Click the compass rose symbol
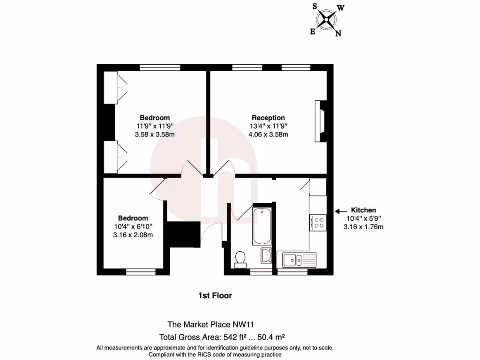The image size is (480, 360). tap(327, 19)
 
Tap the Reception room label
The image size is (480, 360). tap(268, 118)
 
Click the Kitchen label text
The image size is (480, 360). tap(364, 210)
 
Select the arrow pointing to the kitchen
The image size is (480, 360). tap(342, 211)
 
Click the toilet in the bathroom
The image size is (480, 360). tap(240, 259)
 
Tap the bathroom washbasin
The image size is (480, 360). tap(266, 255)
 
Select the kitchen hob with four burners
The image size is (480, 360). tap(318, 222)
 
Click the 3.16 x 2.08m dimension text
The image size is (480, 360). tap(133, 235)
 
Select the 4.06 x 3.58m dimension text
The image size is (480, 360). tap(268, 135)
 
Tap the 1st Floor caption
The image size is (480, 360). tap(215, 296)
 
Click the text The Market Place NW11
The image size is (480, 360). tap(211, 324)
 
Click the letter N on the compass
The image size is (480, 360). tap(338, 33)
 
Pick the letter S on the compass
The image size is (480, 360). tap(315, 6)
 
